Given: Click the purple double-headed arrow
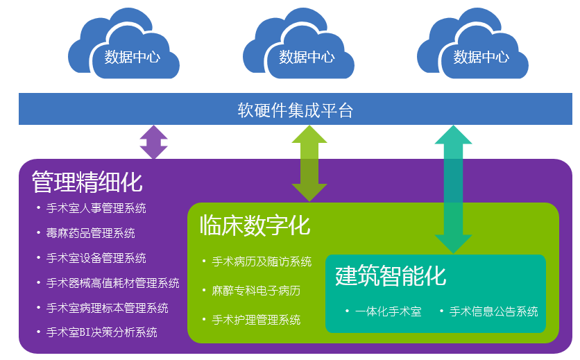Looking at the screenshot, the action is coord(154,142).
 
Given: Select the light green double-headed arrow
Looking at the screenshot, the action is coord(309,164).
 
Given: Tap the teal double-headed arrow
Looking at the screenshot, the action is coord(453,189).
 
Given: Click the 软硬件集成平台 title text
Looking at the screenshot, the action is coord(295,110).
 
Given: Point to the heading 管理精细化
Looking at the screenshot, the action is coord(87,182).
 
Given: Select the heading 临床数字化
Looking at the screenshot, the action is coord(255,225).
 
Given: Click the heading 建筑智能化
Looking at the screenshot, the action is coord(391,275).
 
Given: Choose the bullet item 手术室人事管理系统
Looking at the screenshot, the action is coord(96,208).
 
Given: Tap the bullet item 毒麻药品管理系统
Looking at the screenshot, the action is coord(91,233).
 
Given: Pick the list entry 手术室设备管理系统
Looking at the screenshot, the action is coord(96,258).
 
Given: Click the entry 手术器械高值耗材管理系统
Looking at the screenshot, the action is coord(113,283).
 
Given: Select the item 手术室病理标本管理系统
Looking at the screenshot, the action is coord(108,308).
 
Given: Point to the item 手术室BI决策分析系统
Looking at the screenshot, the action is coord(102,332).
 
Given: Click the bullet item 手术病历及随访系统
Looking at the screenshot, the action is coord(262,262).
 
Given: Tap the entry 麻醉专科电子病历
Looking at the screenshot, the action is coord(256,291).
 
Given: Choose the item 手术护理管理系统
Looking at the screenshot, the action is coord(256,320).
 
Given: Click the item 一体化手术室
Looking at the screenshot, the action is coord(389,311).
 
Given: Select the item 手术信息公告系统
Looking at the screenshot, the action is coord(494,311).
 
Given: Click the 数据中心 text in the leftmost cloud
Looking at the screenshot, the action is coord(132,58).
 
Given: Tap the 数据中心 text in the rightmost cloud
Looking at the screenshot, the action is coord(481,58).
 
